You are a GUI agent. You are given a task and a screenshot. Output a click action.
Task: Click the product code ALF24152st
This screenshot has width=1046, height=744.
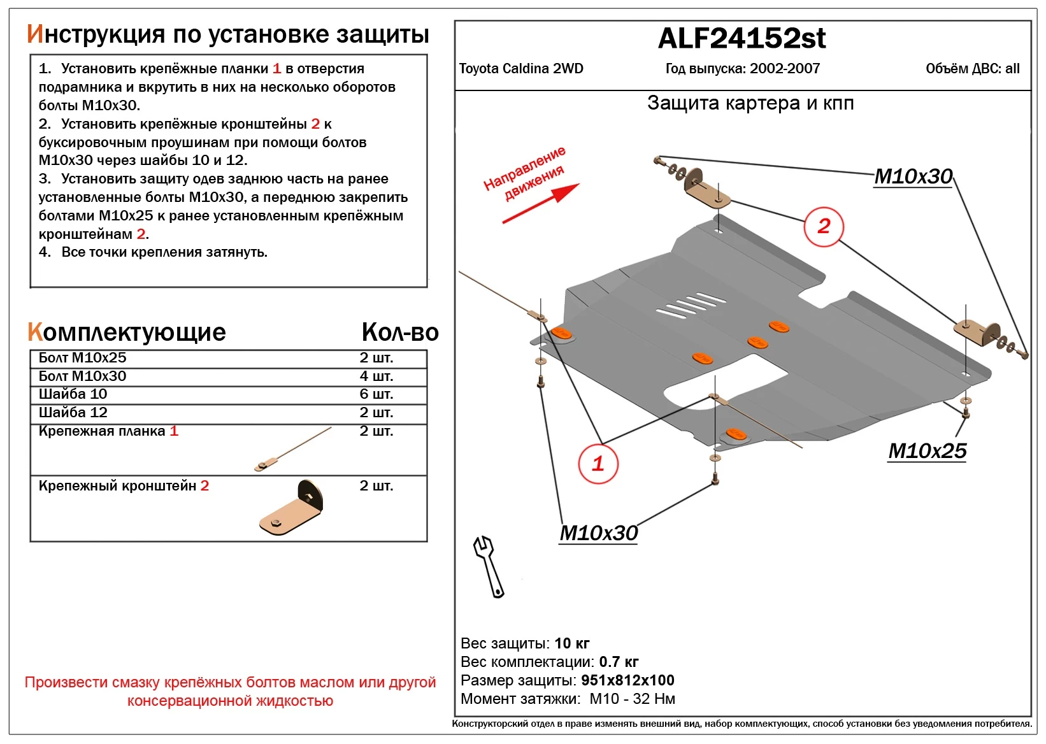click(x=742, y=38)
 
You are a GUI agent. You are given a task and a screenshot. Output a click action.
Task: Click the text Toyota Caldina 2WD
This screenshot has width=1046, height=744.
click(x=521, y=69)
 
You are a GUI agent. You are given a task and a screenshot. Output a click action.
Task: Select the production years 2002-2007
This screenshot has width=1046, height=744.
click(x=785, y=69)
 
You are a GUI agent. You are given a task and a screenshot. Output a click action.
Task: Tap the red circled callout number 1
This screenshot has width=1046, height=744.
click(x=598, y=464)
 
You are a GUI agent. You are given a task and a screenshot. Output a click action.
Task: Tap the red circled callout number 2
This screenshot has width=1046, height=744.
click(x=823, y=226)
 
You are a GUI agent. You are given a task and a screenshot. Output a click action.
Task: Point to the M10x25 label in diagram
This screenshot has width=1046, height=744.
click(x=927, y=451)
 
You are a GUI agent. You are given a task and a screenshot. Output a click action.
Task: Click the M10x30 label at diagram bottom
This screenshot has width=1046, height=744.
click(x=598, y=533)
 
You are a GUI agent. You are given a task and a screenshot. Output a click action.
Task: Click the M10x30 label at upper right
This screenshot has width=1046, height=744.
click(x=913, y=176)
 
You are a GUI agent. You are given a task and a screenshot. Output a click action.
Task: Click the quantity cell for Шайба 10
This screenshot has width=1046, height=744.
click(x=376, y=394)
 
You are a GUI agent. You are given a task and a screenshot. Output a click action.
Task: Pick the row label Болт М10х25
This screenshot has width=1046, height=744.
click(x=83, y=358)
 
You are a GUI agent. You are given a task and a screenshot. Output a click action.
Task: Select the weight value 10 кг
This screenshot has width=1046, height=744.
click(x=571, y=643)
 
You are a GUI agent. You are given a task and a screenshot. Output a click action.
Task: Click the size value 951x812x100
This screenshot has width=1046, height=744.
click(x=627, y=680)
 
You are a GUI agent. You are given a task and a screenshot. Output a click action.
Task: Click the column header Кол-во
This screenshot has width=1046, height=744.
click(x=400, y=333)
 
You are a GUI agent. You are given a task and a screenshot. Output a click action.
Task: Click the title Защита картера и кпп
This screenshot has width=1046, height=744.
click(x=750, y=103)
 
